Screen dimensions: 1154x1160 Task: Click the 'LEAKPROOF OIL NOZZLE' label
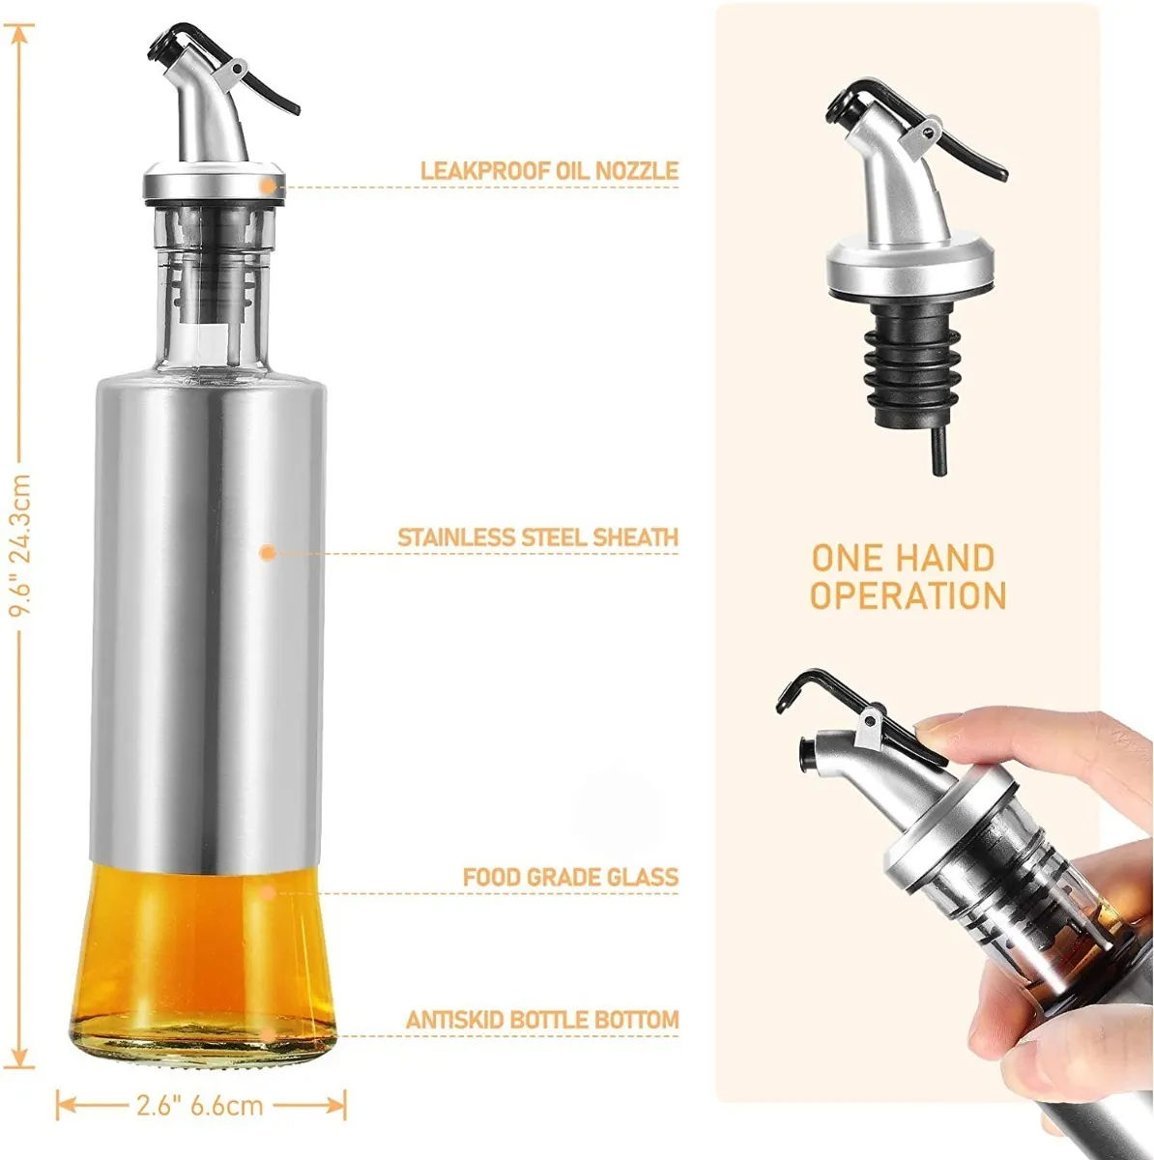[x=549, y=170]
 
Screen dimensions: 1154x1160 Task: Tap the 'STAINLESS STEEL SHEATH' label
[x=537, y=536]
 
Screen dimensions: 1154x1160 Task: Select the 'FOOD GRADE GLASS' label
[x=570, y=877]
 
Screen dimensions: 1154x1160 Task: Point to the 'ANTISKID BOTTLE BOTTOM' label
[x=542, y=1019]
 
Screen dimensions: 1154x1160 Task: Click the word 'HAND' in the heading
[x=954, y=558]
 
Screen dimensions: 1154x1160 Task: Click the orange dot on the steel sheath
[x=268, y=553]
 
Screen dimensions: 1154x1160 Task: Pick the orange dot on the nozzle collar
[x=268, y=187]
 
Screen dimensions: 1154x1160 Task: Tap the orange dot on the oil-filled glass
[x=268, y=892]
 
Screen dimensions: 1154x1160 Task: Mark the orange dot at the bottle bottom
[x=268, y=1035]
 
